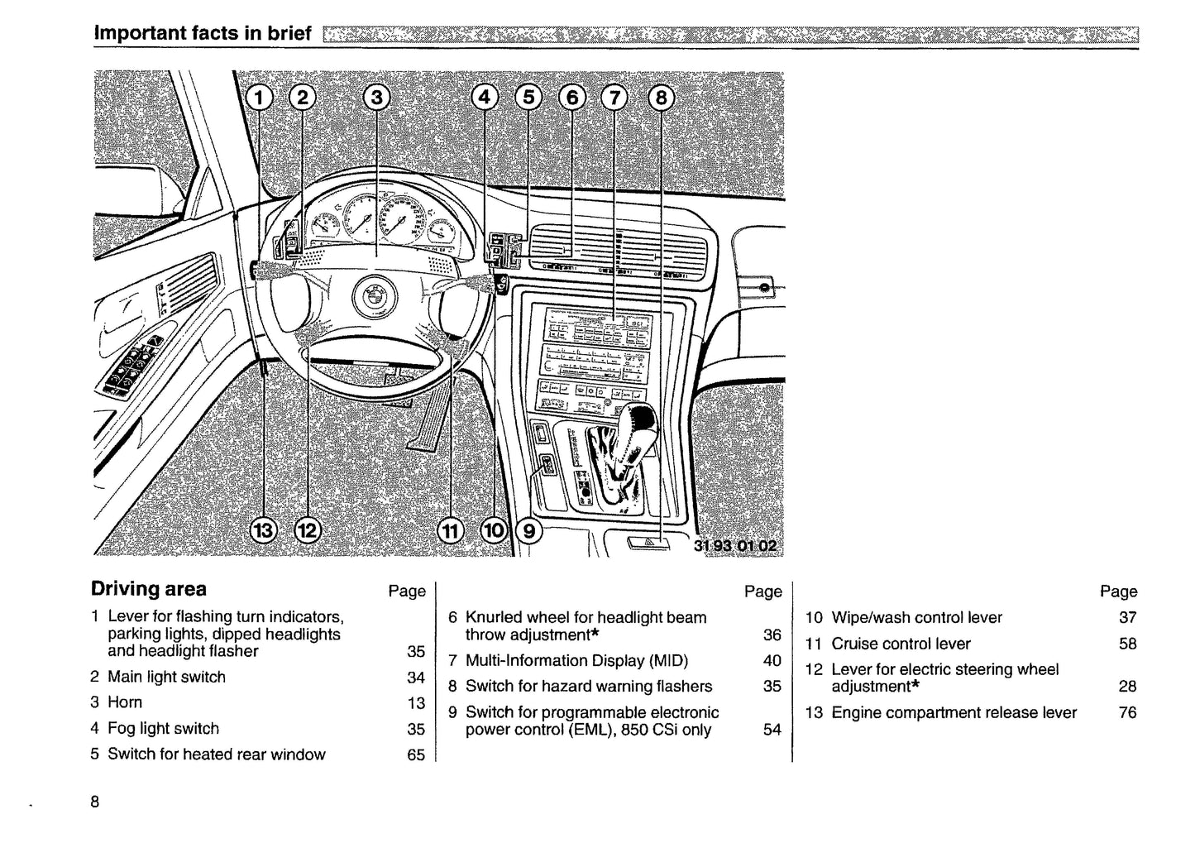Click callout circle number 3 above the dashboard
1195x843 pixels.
pyautogui.click(x=376, y=98)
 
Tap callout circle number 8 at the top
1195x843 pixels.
pyautogui.click(x=660, y=98)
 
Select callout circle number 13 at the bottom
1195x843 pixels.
pyautogui.click(x=263, y=530)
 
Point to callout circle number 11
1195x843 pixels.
pyautogui.click(x=450, y=530)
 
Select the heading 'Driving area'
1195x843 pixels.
pyautogui.click(x=149, y=589)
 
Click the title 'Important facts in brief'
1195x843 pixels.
pyautogui.click(x=203, y=33)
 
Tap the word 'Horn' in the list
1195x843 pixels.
pyautogui.click(x=125, y=702)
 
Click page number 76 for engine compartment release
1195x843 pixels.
pyautogui.click(x=1127, y=712)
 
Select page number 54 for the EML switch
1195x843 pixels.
pyautogui.click(x=772, y=730)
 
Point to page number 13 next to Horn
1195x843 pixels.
pyautogui.click(x=416, y=703)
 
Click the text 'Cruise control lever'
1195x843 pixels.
pyautogui.click(x=901, y=644)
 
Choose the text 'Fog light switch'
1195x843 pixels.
pyautogui.click(x=163, y=729)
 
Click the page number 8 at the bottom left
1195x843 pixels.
pyautogui.click(x=95, y=802)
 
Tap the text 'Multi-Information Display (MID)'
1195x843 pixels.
pyautogui.click(x=576, y=660)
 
